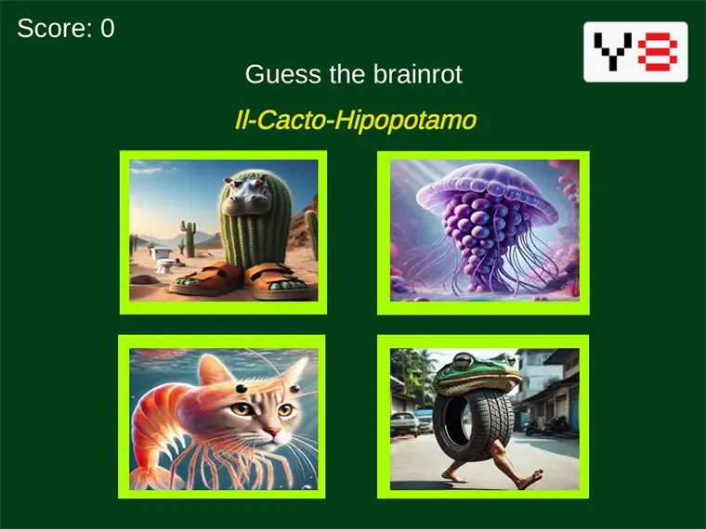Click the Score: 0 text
[x=66, y=29]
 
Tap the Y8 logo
[x=635, y=52]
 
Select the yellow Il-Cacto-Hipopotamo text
[x=356, y=120]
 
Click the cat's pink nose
[x=272, y=432]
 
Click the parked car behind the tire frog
[x=404, y=424]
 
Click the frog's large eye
[x=464, y=361]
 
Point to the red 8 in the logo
[x=658, y=52]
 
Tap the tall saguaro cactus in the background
[x=190, y=239]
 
